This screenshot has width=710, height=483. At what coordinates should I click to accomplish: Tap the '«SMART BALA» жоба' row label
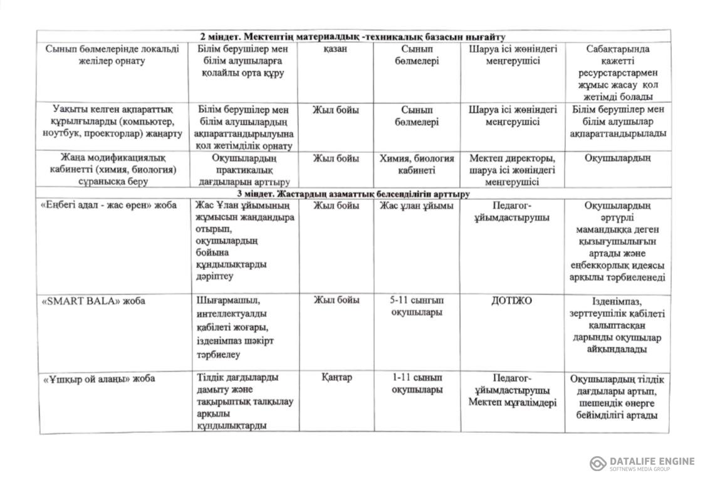pyautogui.click(x=94, y=301)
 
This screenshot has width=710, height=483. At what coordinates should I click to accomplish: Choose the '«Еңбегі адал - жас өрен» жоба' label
pyautogui.click(x=109, y=205)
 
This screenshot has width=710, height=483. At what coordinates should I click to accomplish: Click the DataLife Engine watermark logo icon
pyautogui.click(x=598, y=464)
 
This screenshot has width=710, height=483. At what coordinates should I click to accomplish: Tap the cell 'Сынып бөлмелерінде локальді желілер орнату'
pyautogui.click(x=112, y=55)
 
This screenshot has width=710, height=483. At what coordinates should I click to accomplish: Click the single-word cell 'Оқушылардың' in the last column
pyautogui.click(x=617, y=158)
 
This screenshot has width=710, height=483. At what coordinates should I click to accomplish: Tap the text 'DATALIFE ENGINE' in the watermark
pyautogui.click(x=652, y=461)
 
